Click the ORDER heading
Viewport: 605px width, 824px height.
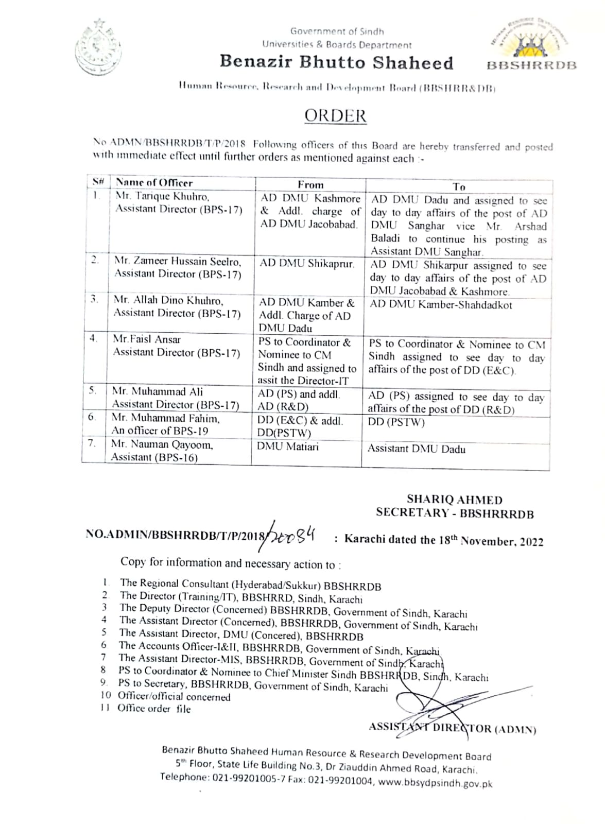click(x=335, y=115)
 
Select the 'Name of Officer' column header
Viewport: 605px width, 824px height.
click(x=154, y=182)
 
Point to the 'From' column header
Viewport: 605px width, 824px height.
click(x=310, y=184)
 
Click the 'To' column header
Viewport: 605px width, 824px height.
click(x=459, y=186)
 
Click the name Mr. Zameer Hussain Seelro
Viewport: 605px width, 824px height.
click(x=177, y=261)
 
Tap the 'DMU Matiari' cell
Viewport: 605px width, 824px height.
click(x=288, y=447)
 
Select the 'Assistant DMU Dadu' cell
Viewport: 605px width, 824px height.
click(x=416, y=449)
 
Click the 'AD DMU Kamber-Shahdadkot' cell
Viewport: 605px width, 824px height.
click(x=441, y=304)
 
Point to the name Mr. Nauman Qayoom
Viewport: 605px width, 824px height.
click(x=162, y=444)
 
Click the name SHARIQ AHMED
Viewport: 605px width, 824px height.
click(x=454, y=499)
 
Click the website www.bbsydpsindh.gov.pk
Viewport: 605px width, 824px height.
click(x=435, y=783)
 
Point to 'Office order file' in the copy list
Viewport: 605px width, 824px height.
click(x=153, y=709)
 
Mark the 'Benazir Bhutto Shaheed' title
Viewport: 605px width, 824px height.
click(x=336, y=62)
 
